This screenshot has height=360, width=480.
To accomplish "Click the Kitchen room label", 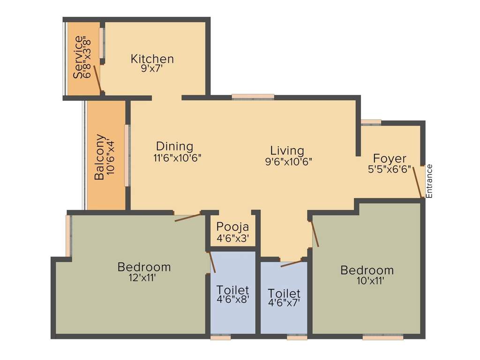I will pyautogui.click(x=152, y=59).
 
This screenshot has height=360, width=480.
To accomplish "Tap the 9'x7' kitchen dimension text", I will pyautogui.click(x=152, y=68).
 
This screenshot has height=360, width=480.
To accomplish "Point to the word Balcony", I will pyautogui.click(x=99, y=157).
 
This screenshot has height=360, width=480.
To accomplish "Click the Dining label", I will pyautogui.click(x=174, y=146).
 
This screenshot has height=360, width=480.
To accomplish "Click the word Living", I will pyautogui.click(x=287, y=150).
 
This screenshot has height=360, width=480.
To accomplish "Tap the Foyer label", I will pyautogui.click(x=390, y=158).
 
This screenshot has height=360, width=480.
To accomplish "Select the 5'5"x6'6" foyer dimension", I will pyautogui.click(x=390, y=168).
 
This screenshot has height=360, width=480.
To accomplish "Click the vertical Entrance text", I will pyautogui.click(x=429, y=180).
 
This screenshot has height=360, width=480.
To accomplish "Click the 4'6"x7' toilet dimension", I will pyautogui.click(x=284, y=304).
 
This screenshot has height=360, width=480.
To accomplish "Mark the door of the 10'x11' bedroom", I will pyautogui.click(x=315, y=233).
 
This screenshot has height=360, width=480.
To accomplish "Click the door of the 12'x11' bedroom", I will pyautogui.click(x=187, y=217).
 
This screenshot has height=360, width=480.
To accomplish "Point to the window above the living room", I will pyautogui.click(x=253, y=97).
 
